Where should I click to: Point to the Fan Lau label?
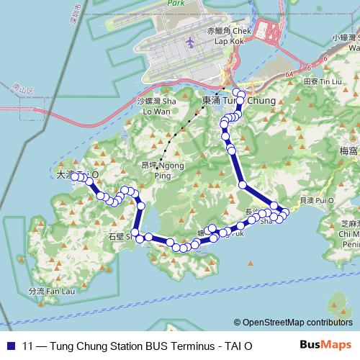click(x=46, y=292)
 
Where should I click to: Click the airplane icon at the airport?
click(x=190, y=43)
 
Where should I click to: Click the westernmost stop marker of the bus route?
click(x=74, y=176)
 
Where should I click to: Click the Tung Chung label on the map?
click(x=237, y=102)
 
